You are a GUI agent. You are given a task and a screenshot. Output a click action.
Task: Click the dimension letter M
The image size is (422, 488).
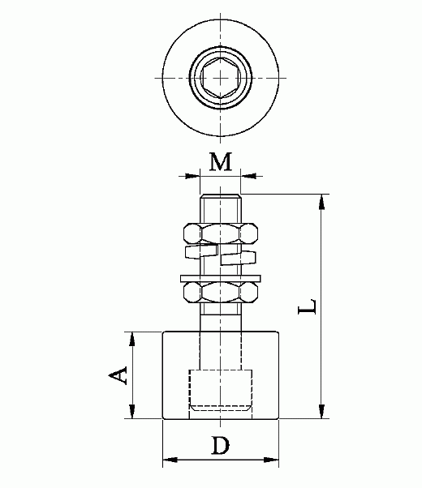[x=221, y=161]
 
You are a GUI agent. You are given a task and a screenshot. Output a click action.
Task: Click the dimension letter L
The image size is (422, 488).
[x=308, y=306]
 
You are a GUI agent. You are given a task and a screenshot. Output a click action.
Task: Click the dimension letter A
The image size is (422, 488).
[x=118, y=375]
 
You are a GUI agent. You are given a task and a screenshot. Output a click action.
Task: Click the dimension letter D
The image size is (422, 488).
[x=221, y=445]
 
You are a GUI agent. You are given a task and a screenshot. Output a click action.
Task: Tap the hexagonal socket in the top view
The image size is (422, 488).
[x=221, y=78]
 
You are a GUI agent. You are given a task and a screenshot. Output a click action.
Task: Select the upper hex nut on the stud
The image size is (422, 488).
[x=221, y=233]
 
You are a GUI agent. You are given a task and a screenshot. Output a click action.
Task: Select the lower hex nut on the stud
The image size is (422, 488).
[x=221, y=293]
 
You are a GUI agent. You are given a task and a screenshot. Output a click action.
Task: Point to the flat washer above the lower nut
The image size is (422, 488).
[x=221, y=279]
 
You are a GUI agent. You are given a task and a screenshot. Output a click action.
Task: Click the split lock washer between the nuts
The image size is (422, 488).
[x=221, y=255]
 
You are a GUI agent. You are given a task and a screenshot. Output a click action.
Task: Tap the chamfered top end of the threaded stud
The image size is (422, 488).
[x=221, y=196]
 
